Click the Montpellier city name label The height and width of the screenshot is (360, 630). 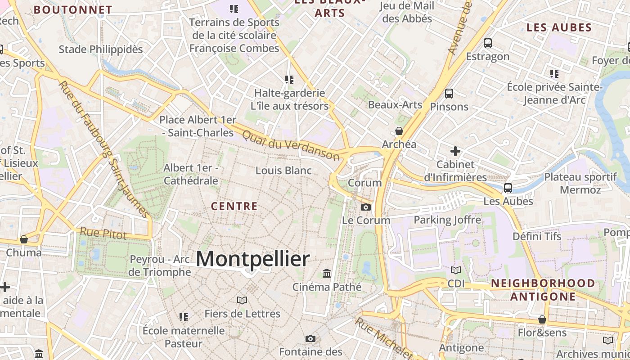253,259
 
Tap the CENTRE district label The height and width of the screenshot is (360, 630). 234,207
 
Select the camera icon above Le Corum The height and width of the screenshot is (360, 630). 366,207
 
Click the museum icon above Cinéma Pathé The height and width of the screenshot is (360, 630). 327,273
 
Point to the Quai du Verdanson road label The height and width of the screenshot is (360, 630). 291,145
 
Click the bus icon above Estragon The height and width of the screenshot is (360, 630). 488,43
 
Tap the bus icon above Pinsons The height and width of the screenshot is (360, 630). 449,94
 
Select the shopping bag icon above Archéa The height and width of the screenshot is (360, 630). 399,131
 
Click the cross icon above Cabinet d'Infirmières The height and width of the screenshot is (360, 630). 455,151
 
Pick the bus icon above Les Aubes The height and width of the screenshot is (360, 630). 508,188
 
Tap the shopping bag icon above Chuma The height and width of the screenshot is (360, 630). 24,239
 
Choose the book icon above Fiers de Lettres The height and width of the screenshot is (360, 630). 242,300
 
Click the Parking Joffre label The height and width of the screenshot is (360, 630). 447,220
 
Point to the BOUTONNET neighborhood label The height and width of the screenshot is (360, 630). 73,9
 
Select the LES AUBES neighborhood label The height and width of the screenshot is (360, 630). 559,28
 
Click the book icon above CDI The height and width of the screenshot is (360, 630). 456,270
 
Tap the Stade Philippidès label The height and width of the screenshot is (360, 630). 101,49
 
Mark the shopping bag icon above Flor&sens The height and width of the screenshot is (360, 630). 542,319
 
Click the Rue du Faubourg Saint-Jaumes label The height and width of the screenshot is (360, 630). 103,148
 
